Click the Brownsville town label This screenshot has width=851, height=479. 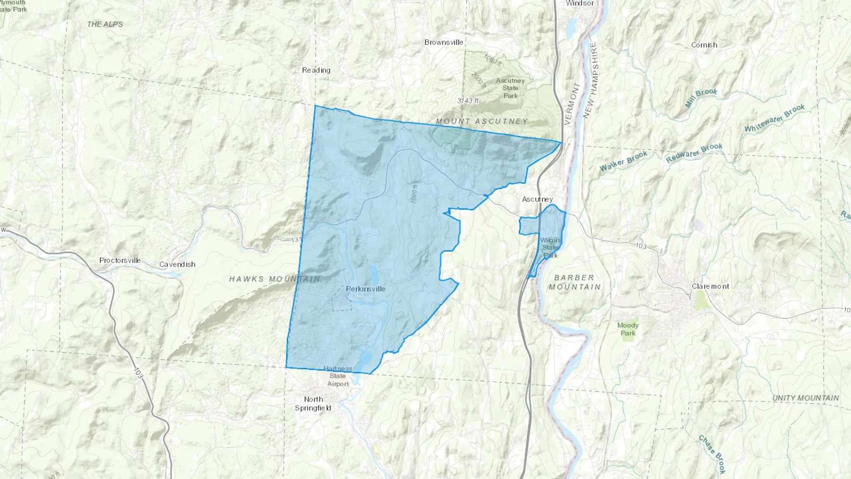click(443, 42)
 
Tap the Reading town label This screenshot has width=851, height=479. click(316, 70)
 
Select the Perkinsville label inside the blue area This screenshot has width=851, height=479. click(365, 288)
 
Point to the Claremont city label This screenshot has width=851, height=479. click(710, 286)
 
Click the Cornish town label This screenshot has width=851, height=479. click(704, 45)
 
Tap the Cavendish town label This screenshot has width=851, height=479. click(177, 264)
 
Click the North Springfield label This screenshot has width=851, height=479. click(313, 403)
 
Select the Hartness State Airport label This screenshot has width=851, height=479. click(338, 376)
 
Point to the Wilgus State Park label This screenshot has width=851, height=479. click(550, 248)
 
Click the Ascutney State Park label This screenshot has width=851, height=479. click(510, 88)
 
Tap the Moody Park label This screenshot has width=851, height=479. click(628, 329)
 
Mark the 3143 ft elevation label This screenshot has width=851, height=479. click(468, 100)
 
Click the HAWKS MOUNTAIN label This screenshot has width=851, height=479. click(275, 279)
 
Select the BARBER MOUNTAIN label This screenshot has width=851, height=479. click(574, 282)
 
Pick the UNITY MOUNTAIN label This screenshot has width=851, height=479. click(806, 398)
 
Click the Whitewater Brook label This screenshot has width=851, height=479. click(774, 118)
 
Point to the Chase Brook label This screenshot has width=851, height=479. click(712, 454)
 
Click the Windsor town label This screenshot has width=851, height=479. click(580, 3)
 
